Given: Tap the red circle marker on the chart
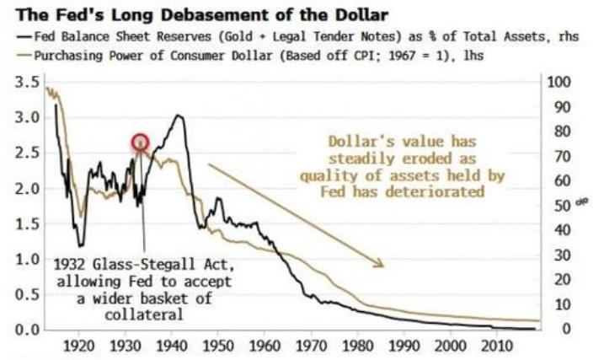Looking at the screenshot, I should click(141, 142).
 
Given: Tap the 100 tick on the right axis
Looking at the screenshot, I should click(559, 82).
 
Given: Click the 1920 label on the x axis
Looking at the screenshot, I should click(80, 347).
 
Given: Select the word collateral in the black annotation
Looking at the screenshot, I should click(148, 314).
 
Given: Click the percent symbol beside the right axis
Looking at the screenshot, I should click(581, 202).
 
